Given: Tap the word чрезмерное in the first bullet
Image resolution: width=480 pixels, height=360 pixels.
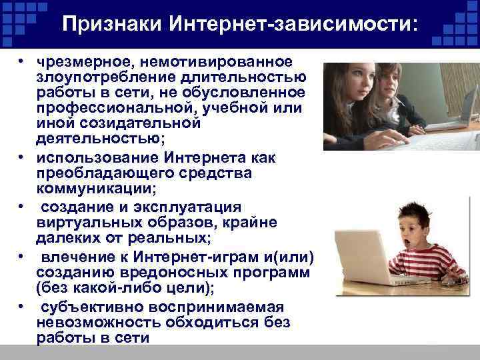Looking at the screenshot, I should [x=81, y=61].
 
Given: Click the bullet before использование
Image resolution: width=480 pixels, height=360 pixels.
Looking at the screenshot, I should [x=22, y=157].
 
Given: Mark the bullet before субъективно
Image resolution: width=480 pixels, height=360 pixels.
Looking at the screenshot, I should [x=22, y=307].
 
